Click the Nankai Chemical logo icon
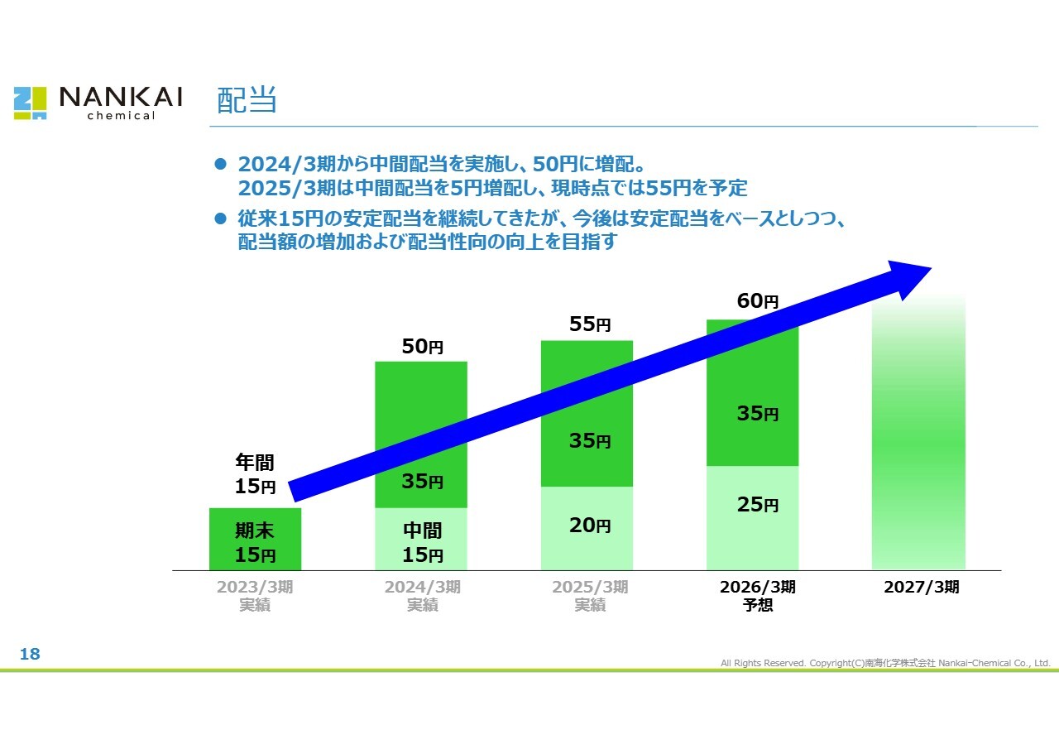coord(30,103)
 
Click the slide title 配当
coord(246,100)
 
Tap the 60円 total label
coord(758,302)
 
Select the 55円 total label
coord(590,324)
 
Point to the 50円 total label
coord(423,347)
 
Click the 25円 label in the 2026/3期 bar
coord(758,504)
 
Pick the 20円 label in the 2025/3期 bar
coord(590,525)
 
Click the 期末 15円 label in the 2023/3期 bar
coord(255,543)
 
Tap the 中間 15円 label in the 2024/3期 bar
coord(423,543)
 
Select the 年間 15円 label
coord(255,474)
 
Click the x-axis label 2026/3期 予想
coord(758,596)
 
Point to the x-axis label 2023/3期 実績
coord(255,596)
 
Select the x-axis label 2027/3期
coord(922,588)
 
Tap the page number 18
coord(30,655)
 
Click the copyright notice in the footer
coord(885,663)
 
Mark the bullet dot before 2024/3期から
coord(220,164)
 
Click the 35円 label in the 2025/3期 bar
coord(590,441)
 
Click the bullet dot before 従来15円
coord(220,219)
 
